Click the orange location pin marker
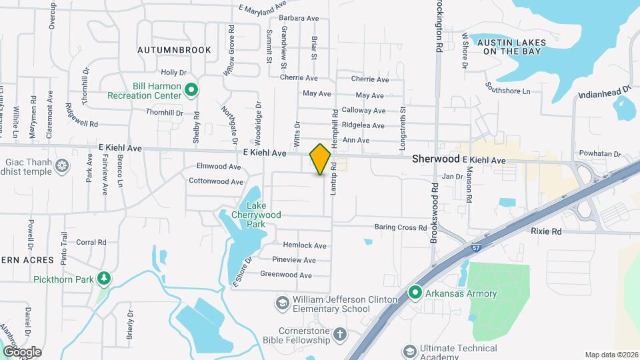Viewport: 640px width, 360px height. (321, 159)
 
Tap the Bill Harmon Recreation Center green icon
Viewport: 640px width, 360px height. (191, 89)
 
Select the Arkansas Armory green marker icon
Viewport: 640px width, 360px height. (415, 293)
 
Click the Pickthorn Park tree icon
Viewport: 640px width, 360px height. (103, 278)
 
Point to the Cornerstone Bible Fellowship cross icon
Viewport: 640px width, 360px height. (339, 334)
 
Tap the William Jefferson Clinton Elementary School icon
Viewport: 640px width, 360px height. (282, 303)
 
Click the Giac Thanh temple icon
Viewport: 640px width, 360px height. (62, 165)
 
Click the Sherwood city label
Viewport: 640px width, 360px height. (436, 159)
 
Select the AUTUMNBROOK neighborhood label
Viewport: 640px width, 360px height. (174, 50)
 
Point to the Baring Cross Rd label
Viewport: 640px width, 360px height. (400, 227)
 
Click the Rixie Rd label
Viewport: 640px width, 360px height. (546, 231)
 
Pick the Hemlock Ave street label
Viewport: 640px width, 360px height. (305, 245)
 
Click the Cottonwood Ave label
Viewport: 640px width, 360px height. (215, 181)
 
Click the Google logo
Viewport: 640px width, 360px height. (22, 351)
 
